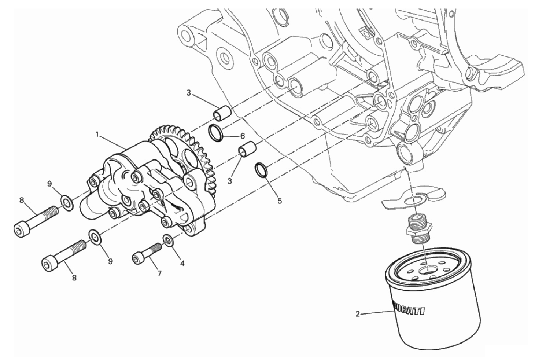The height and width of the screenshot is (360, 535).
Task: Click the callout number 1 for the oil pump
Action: (x=97, y=135)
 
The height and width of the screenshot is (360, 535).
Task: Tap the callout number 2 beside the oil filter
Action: (x=358, y=314)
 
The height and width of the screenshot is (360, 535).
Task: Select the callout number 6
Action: (x=243, y=136)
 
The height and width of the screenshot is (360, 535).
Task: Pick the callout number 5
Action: (x=280, y=201)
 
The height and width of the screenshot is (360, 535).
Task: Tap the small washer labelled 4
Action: (x=169, y=240)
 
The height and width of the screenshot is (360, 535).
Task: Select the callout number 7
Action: (x=159, y=273)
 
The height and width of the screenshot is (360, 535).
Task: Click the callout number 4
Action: (x=182, y=264)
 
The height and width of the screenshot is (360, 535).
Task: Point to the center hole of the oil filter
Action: (x=427, y=271)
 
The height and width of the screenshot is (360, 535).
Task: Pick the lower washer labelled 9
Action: (x=95, y=237)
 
